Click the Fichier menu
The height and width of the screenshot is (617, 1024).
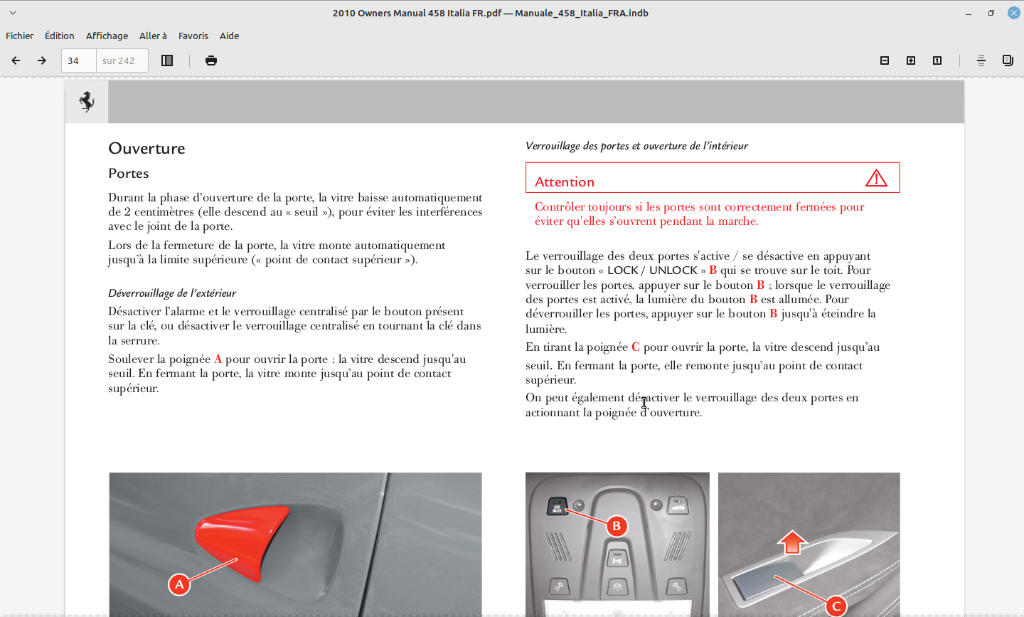coord(19,36)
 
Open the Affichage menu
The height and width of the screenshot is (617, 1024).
coord(107,36)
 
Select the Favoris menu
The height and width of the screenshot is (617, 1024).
coord(193,36)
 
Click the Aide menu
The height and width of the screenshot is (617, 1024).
coord(229,36)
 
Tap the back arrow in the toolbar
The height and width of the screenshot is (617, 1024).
coord(16,60)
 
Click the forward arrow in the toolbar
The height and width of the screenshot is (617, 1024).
coord(42,60)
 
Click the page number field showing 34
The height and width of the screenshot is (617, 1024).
coord(78,60)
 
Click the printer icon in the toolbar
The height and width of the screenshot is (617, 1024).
coord(211,60)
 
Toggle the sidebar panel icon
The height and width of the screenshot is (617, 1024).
coord(167,60)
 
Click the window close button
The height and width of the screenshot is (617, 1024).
coord(1014,13)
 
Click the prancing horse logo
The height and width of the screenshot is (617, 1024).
coord(87,102)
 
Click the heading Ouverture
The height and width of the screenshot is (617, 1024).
coord(146,148)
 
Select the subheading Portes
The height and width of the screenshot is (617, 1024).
coord(129,174)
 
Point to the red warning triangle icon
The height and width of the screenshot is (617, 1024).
coord(876,178)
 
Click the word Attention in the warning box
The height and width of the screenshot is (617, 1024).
coord(565,182)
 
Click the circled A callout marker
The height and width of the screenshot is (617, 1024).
coord(179,584)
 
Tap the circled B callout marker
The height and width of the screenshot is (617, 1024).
coord(617,526)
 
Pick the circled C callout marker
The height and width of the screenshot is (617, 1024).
coord(836,606)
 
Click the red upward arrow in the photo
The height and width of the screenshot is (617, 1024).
coord(792,542)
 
